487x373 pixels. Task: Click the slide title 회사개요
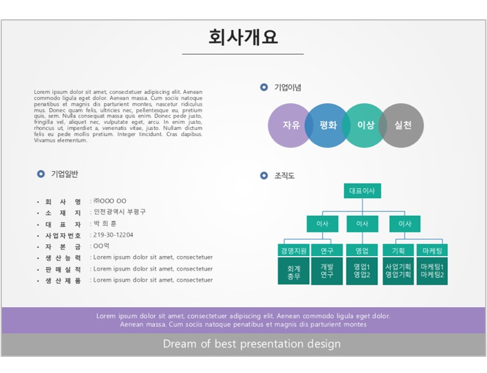pyautogui.click(x=243, y=37)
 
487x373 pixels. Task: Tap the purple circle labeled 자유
pyautogui.click(x=287, y=126)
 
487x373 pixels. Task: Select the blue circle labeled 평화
pyautogui.click(x=327, y=126)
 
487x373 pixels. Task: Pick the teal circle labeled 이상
pyautogui.click(x=365, y=126)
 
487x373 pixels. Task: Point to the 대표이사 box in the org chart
pyautogui.click(x=362, y=191)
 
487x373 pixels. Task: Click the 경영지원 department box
pyautogui.click(x=293, y=251)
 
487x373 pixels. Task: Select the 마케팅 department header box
pyautogui.click(x=432, y=251)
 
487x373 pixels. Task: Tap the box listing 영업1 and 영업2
pyautogui.click(x=362, y=271)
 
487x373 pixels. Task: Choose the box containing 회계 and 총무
pyautogui.click(x=293, y=271)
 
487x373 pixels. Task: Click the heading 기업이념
pyautogui.click(x=288, y=88)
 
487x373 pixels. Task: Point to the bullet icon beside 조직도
pyautogui.click(x=264, y=175)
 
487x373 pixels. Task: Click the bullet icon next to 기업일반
pyautogui.click(x=41, y=174)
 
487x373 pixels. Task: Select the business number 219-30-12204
pyautogui.click(x=113, y=235)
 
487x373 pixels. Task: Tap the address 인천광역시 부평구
pyautogui.click(x=120, y=212)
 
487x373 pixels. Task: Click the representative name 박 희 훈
pyautogui.click(x=105, y=224)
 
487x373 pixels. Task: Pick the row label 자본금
pyautogui.click(x=63, y=247)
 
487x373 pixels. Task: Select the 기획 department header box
pyautogui.click(x=398, y=251)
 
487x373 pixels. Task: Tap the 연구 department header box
pyautogui.click(x=327, y=251)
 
